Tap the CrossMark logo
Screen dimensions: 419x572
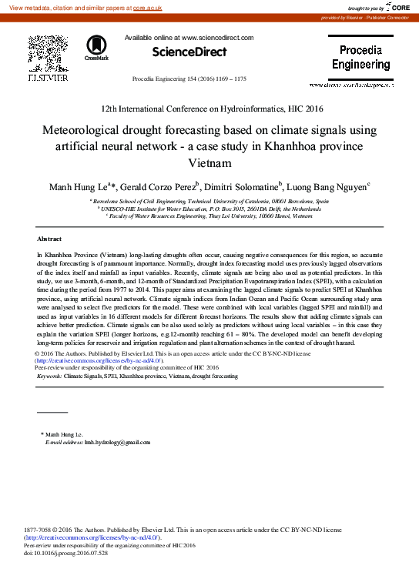(97, 47)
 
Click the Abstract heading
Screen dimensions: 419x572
(49, 239)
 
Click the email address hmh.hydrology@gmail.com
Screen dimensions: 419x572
(117, 443)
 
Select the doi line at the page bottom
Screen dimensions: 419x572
(66, 552)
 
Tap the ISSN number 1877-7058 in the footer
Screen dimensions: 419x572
(39, 530)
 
